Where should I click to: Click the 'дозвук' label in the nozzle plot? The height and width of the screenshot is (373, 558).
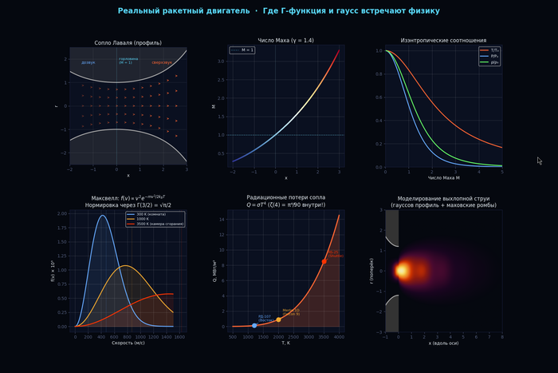(88, 62)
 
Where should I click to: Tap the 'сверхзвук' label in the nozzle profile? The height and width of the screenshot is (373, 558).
(162, 62)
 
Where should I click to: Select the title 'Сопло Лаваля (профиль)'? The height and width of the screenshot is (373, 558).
(128, 41)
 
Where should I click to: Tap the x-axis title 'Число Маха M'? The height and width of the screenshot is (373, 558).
(443, 178)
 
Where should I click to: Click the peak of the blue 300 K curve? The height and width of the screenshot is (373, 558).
(102, 215)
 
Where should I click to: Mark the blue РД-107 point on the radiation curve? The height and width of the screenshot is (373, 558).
(254, 325)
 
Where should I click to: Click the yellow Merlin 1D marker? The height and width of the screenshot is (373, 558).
(278, 319)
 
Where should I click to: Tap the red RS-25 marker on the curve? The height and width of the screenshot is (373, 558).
(324, 261)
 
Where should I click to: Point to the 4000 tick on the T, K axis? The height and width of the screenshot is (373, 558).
(340, 337)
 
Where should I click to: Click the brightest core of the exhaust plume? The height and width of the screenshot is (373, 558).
(403, 270)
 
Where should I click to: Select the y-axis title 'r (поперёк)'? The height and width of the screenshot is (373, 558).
(373, 269)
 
